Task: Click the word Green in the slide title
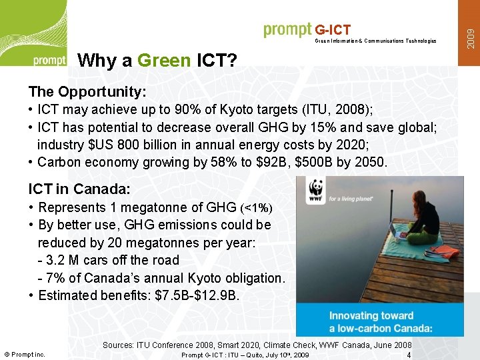[164, 61]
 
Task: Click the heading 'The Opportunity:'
[87, 91]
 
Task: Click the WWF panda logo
[316, 191]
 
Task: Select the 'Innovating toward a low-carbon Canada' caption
[381, 321]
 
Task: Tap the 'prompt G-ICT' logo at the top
[307, 29]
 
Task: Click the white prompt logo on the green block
[49, 60]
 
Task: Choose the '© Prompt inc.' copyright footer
[25, 355]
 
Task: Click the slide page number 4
[409, 355]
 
